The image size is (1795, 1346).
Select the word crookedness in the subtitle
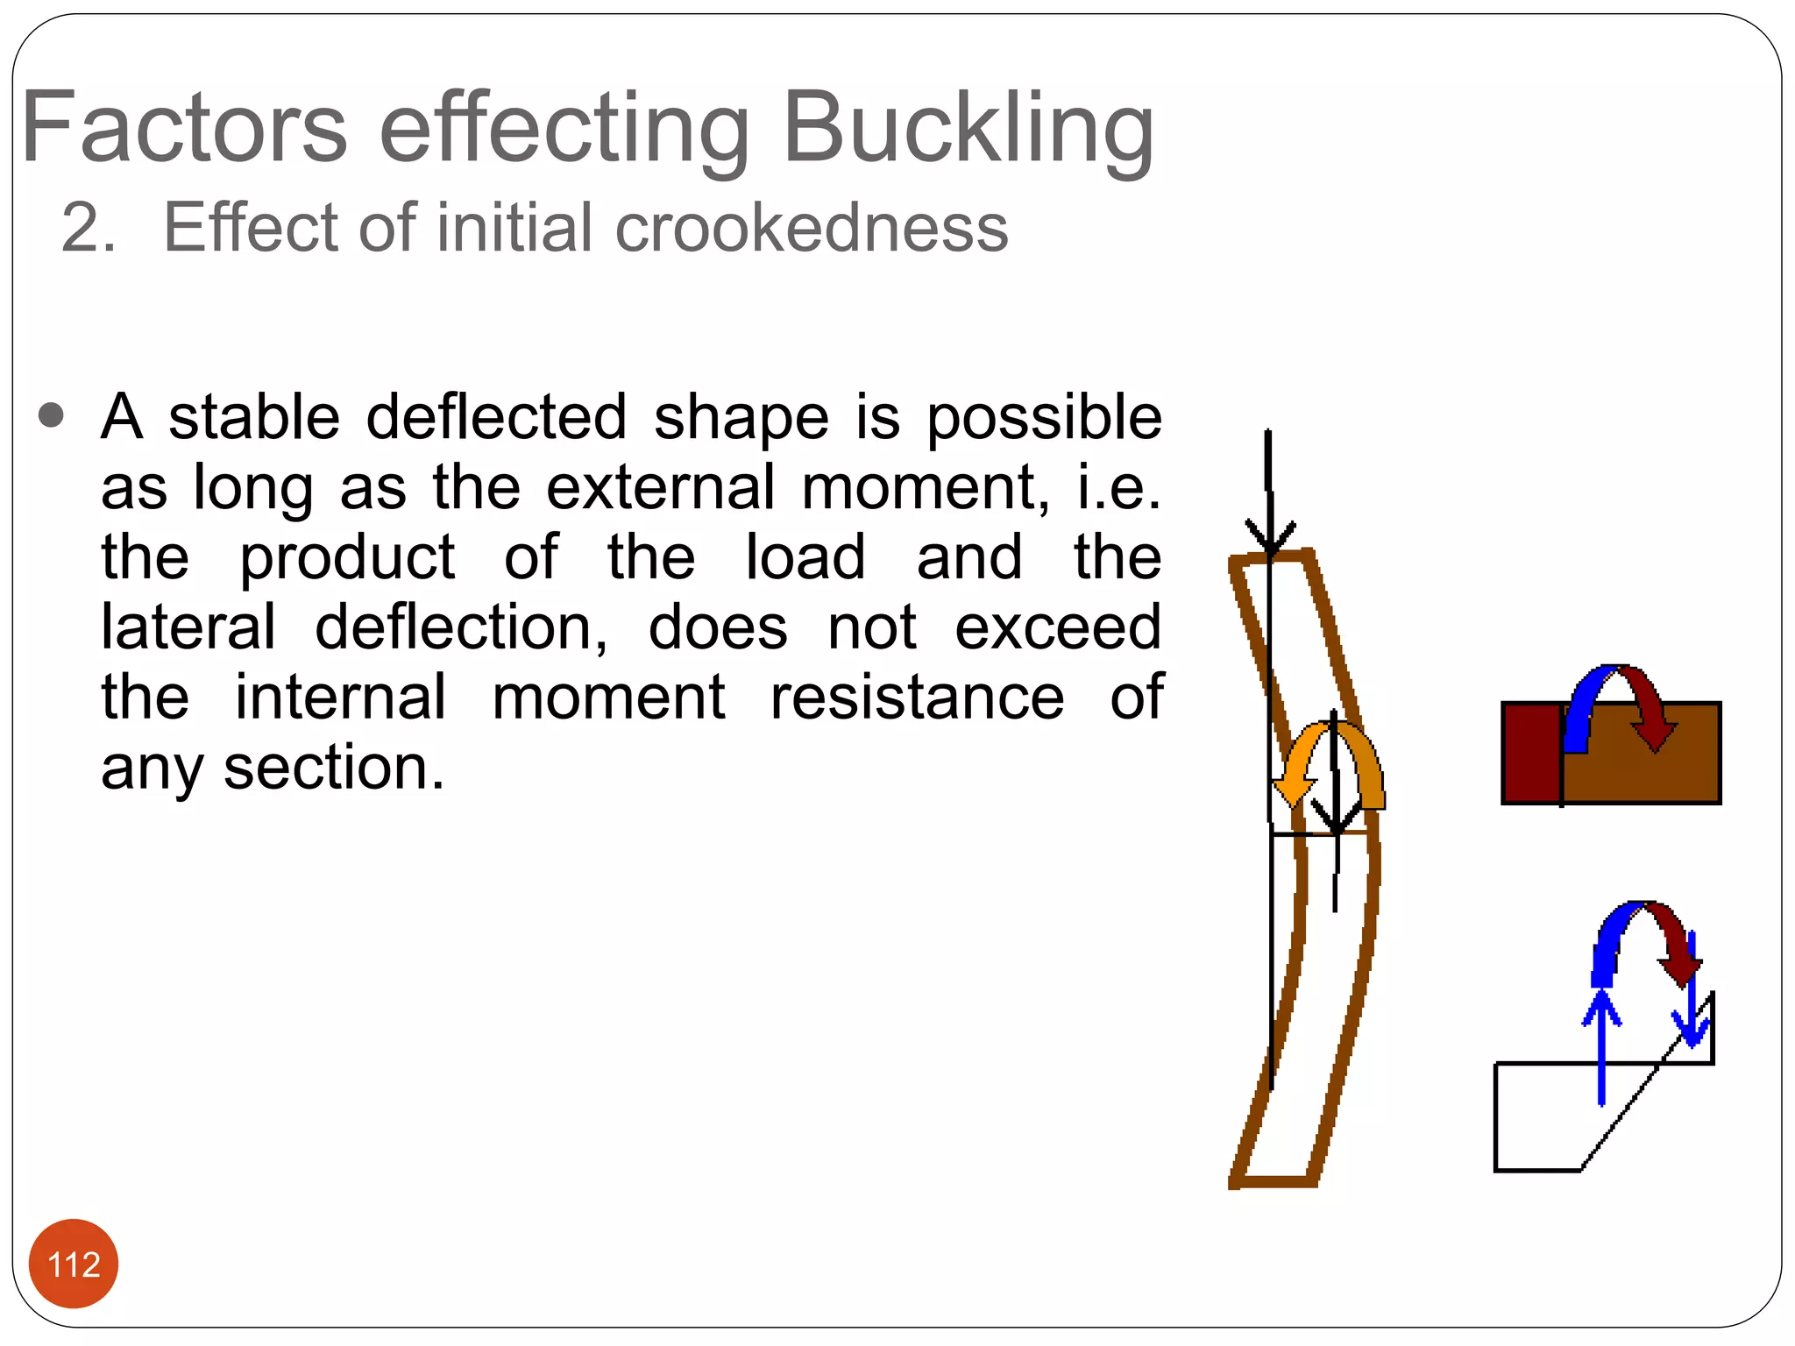[812, 228]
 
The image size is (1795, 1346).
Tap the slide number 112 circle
[74, 1264]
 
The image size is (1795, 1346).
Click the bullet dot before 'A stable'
[52, 415]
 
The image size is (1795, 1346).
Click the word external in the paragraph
[661, 487]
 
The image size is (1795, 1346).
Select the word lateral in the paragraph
[188, 627]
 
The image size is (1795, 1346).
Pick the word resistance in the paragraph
[917, 698]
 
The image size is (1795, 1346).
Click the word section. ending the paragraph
[334, 768]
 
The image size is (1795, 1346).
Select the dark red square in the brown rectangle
[1531, 753]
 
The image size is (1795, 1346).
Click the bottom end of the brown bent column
[1275, 1180]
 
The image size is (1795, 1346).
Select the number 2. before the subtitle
[88, 228]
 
